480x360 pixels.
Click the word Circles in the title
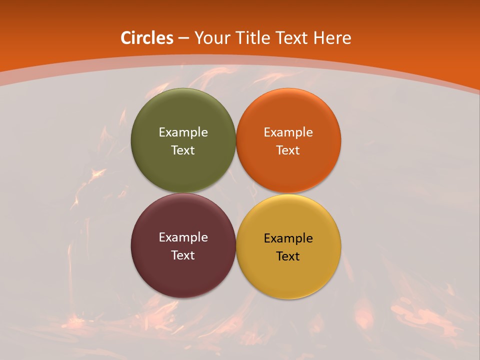click(147, 38)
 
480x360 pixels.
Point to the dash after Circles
click(183, 38)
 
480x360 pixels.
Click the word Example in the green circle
click(183, 132)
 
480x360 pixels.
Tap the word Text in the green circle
click(183, 150)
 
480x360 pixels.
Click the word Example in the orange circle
click(288, 132)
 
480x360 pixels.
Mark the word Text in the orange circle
click(288, 150)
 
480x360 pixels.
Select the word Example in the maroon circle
click(183, 237)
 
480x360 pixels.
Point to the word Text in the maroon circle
click(183, 255)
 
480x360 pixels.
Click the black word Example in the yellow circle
click(288, 238)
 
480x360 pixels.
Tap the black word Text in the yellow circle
click(288, 256)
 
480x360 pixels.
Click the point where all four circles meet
click(236, 193)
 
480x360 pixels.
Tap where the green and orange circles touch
click(236, 140)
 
